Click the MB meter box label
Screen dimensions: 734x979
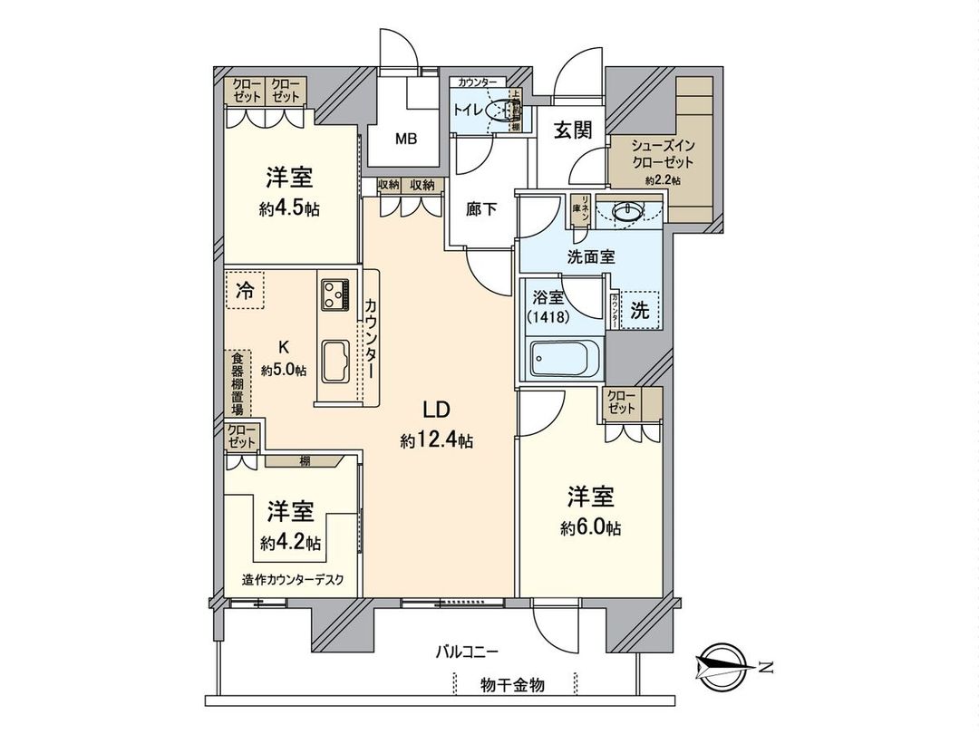click(x=405, y=140)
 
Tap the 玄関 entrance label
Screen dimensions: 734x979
click(x=573, y=130)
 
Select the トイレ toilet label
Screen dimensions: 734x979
click(x=468, y=111)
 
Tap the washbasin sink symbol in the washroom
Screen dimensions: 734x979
click(x=626, y=212)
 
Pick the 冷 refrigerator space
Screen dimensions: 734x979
click(x=245, y=291)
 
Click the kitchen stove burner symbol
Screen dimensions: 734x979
click(x=334, y=294)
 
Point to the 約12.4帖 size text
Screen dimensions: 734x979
click(x=437, y=441)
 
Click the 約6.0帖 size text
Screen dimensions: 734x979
click(x=591, y=528)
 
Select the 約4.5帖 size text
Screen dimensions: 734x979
click(x=290, y=208)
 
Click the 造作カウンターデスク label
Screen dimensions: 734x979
click(x=293, y=581)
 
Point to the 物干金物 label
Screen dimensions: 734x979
click(x=512, y=685)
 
